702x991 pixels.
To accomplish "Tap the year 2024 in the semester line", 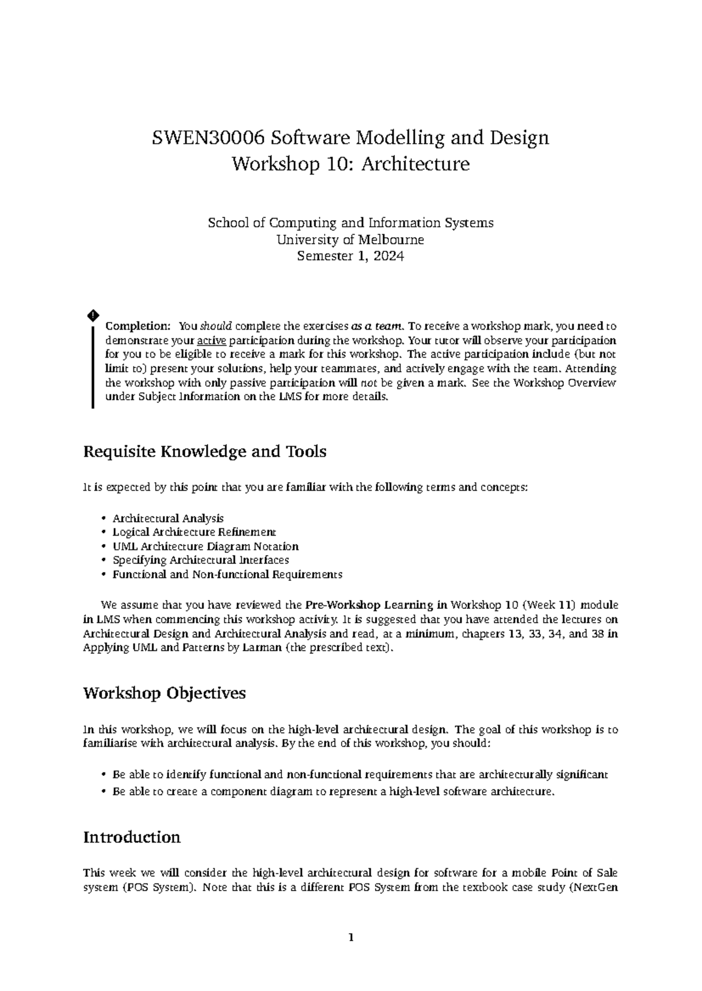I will (388, 256).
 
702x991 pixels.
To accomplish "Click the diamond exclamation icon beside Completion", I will (92, 316).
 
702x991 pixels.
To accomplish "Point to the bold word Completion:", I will (137, 326).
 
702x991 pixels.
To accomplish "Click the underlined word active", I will (212, 341).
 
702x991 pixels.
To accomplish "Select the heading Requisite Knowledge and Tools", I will (205, 452).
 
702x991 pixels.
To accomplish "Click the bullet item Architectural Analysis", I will (168, 518).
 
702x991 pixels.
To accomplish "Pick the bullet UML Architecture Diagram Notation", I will (205, 546).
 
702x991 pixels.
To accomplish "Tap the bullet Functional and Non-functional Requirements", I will (227, 574).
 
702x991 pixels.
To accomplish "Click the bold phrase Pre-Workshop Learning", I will (369, 605).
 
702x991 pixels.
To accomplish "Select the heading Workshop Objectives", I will (164, 694).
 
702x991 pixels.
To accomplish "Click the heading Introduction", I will (132, 837).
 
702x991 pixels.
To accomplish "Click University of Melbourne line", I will (350, 240).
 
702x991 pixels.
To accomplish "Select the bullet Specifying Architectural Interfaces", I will (201, 560).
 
